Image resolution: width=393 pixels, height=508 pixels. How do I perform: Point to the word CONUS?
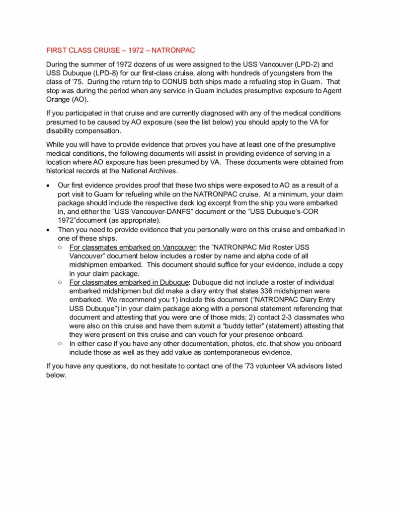click(169, 82)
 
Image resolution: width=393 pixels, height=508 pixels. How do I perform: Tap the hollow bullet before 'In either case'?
click(60, 344)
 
